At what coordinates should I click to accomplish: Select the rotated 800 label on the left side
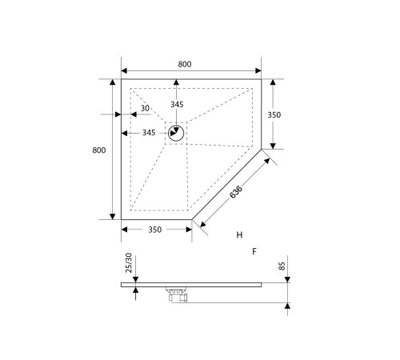tap(99, 150)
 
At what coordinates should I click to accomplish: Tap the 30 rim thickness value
tap(146, 109)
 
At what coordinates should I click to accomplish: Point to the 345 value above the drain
tap(178, 105)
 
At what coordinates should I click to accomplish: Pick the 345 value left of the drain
tap(149, 133)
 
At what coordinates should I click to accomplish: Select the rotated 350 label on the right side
tap(274, 114)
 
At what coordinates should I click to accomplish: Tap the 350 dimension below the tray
tap(155, 230)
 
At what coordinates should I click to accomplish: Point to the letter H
tap(239, 234)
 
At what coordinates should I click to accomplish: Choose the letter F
tap(254, 251)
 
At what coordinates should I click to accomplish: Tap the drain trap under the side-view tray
tap(175, 294)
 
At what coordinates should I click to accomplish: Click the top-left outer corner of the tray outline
tap(121, 80)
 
